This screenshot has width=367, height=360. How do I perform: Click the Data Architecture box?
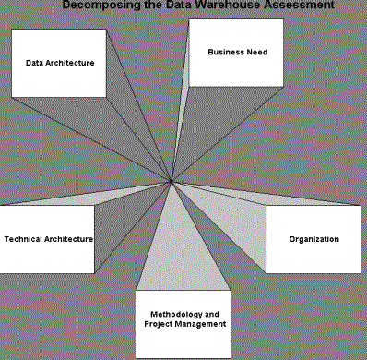coord(60,63)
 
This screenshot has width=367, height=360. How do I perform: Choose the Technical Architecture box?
coord(48,238)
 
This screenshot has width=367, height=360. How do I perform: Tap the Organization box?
coord(313,239)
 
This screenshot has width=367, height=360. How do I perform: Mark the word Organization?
coord(314,239)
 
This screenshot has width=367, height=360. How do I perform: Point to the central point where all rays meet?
coord(172,184)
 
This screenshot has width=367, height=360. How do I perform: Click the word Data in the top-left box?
coord(35,63)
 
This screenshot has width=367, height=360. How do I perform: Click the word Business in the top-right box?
coord(226,53)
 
